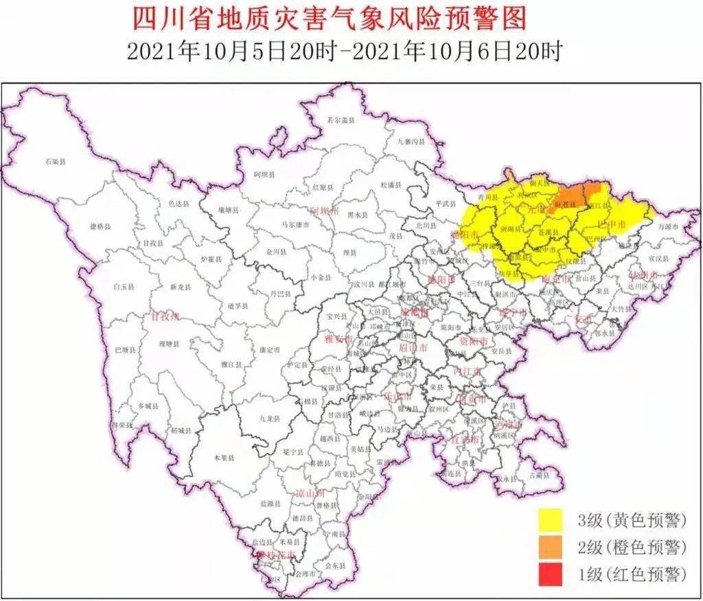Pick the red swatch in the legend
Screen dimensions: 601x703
coord(550,574)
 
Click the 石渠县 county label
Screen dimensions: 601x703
coord(55,162)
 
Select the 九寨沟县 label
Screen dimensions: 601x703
coord(411,141)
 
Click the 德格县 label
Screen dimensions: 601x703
coord(100,226)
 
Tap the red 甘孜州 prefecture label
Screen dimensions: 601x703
coord(165,317)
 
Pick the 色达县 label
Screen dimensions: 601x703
coord(178,204)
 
